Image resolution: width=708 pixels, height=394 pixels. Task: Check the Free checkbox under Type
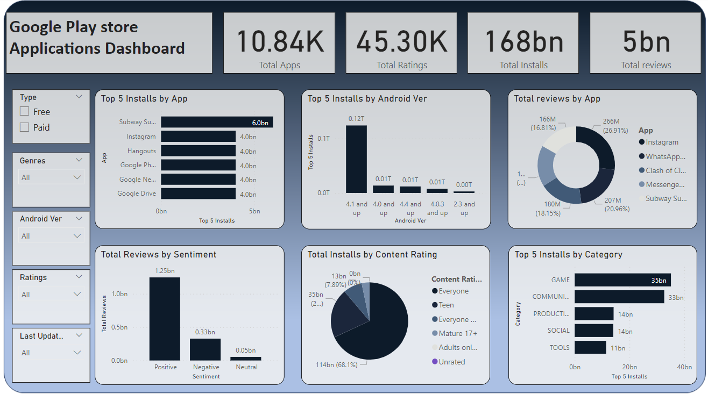click(24, 112)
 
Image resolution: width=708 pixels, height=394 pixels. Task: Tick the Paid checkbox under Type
click(24, 127)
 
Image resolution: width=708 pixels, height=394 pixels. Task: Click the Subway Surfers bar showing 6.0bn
click(216, 122)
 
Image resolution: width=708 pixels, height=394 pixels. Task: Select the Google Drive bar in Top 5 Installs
click(198, 194)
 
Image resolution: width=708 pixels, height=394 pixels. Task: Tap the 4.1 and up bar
click(356, 159)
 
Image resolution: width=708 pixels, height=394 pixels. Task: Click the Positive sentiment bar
click(165, 319)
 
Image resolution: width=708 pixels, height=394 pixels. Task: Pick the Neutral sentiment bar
click(246, 359)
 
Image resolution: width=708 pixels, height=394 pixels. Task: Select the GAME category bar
click(622, 280)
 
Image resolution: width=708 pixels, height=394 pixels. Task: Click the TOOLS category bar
click(590, 347)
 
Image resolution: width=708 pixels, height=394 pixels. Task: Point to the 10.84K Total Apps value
click(280, 41)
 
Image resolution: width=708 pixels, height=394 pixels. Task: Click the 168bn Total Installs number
click(523, 41)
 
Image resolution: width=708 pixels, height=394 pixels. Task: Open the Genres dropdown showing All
click(51, 177)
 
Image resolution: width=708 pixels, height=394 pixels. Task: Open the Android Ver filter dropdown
click(51, 236)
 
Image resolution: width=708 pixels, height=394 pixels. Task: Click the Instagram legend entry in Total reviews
click(662, 142)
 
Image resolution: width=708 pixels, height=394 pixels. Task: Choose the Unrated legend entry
click(451, 362)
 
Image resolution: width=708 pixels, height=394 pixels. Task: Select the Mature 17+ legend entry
click(457, 333)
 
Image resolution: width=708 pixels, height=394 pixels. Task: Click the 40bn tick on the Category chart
click(684, 367)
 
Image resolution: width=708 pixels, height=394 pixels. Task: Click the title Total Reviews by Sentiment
click(159, 255)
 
